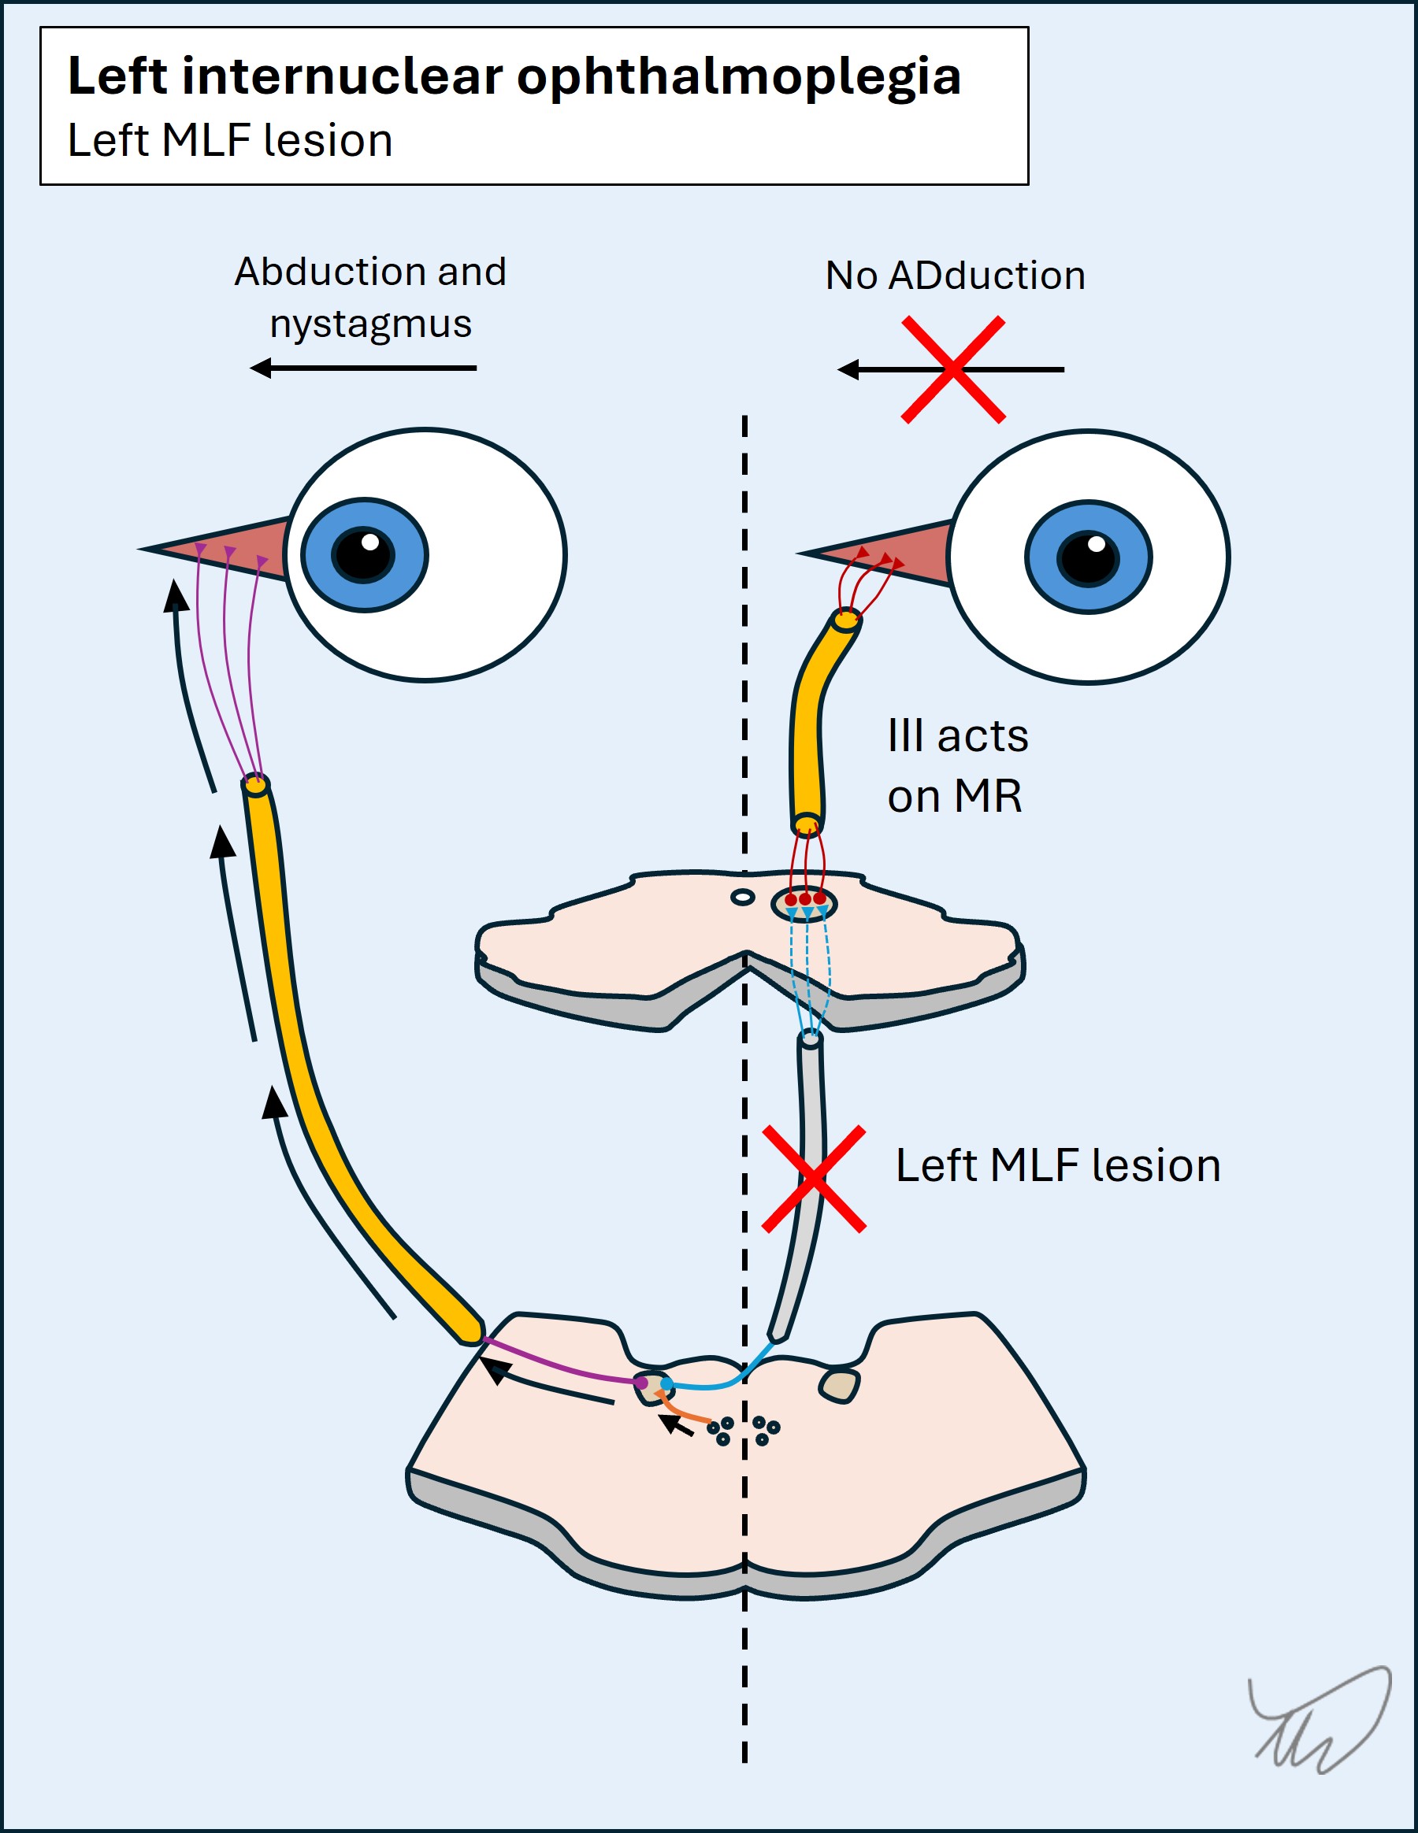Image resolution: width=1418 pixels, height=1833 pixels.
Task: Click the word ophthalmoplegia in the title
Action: [x=738, y=78]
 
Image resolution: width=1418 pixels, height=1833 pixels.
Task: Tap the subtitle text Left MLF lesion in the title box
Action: [x=230, y=140]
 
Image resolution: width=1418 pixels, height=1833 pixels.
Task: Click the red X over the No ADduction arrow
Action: [x=953, y=369]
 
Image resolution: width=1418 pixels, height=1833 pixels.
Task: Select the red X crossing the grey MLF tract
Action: [x=814, y=1179]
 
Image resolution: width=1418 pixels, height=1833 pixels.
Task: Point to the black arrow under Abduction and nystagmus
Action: [x=363, y=368]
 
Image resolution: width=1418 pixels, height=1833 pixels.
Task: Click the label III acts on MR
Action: [x=956, y=765]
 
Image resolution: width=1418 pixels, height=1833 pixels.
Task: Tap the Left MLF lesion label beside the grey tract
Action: [x=1057, y=1166]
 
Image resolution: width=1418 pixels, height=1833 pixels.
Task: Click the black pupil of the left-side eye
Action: [x=363, y=555]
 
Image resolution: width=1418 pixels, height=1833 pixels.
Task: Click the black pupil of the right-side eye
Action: [x=1089, y=558]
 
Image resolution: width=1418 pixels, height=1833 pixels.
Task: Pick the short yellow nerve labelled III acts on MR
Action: [x=807, y=730]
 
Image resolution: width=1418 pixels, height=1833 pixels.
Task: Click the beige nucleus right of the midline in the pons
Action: [x=840, y=1386]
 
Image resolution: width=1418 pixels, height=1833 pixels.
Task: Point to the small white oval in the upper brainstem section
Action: [x=743, y=897]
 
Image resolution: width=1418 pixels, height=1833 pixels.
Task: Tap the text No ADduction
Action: [x=955, y=276]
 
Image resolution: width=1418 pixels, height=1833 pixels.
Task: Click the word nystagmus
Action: [x=370, y=324]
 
